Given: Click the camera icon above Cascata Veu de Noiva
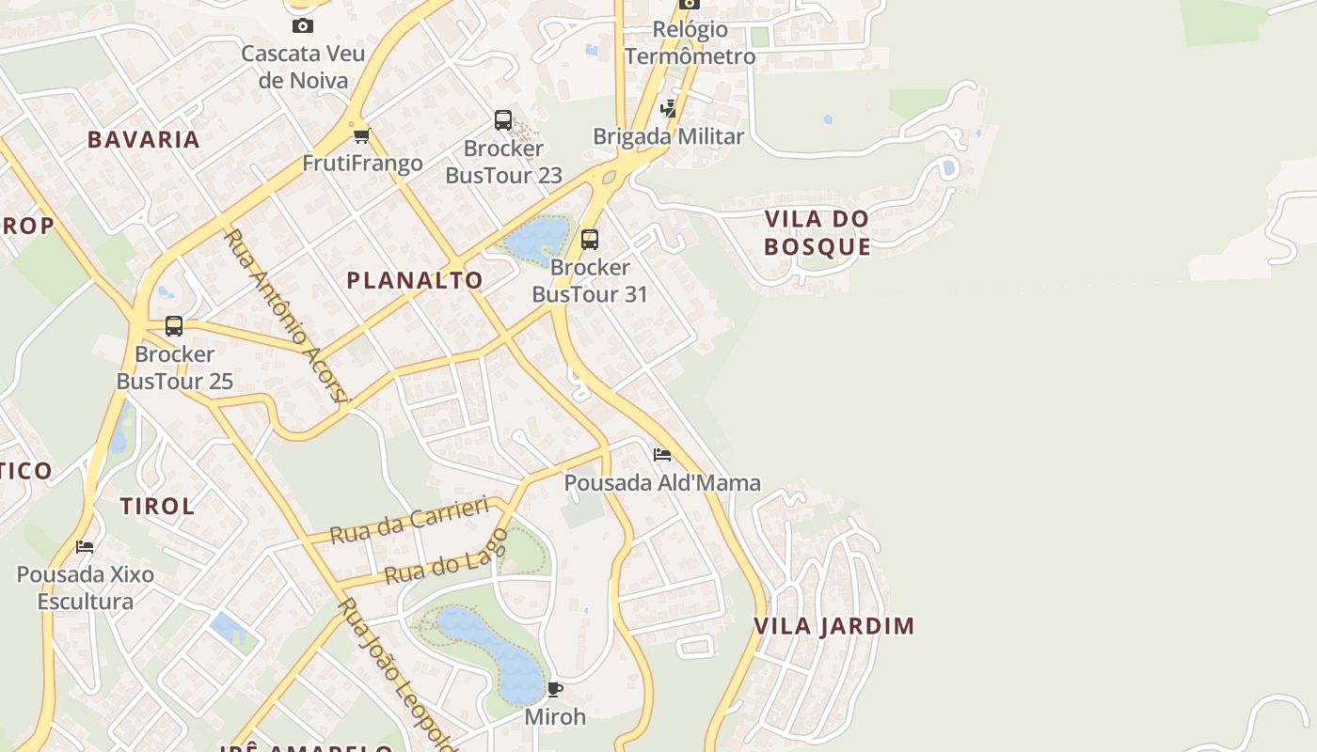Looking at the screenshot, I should [x=302, y=25].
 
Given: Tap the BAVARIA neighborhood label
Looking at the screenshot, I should [x=144, y=140].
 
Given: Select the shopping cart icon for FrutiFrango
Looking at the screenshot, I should [x=362, y=135].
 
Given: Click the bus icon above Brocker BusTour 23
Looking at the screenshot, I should [x=503, y=120].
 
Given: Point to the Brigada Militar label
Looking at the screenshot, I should [x=668, y=136].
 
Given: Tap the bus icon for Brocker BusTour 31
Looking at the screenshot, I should [x=590, y=239].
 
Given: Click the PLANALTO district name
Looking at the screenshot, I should [x=415, y=280].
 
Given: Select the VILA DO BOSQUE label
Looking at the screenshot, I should [x=817, y=232].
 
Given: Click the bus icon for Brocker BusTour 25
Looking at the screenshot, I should [x=174, y=326].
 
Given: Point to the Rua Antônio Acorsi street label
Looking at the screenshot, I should [x=286, y=315].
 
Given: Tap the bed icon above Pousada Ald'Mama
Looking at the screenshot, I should [x=662, y=455].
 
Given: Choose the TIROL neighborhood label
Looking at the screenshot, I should [x=157, y=506].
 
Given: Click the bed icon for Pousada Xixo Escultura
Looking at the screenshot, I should [x=85, y=546].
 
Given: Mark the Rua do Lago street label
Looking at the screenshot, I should [x=446, y=558].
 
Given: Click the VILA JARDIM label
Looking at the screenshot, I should [x=834, y=626].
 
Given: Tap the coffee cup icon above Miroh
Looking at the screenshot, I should [x=555, y=689].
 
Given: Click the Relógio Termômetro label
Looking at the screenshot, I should [x=690, y=42].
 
